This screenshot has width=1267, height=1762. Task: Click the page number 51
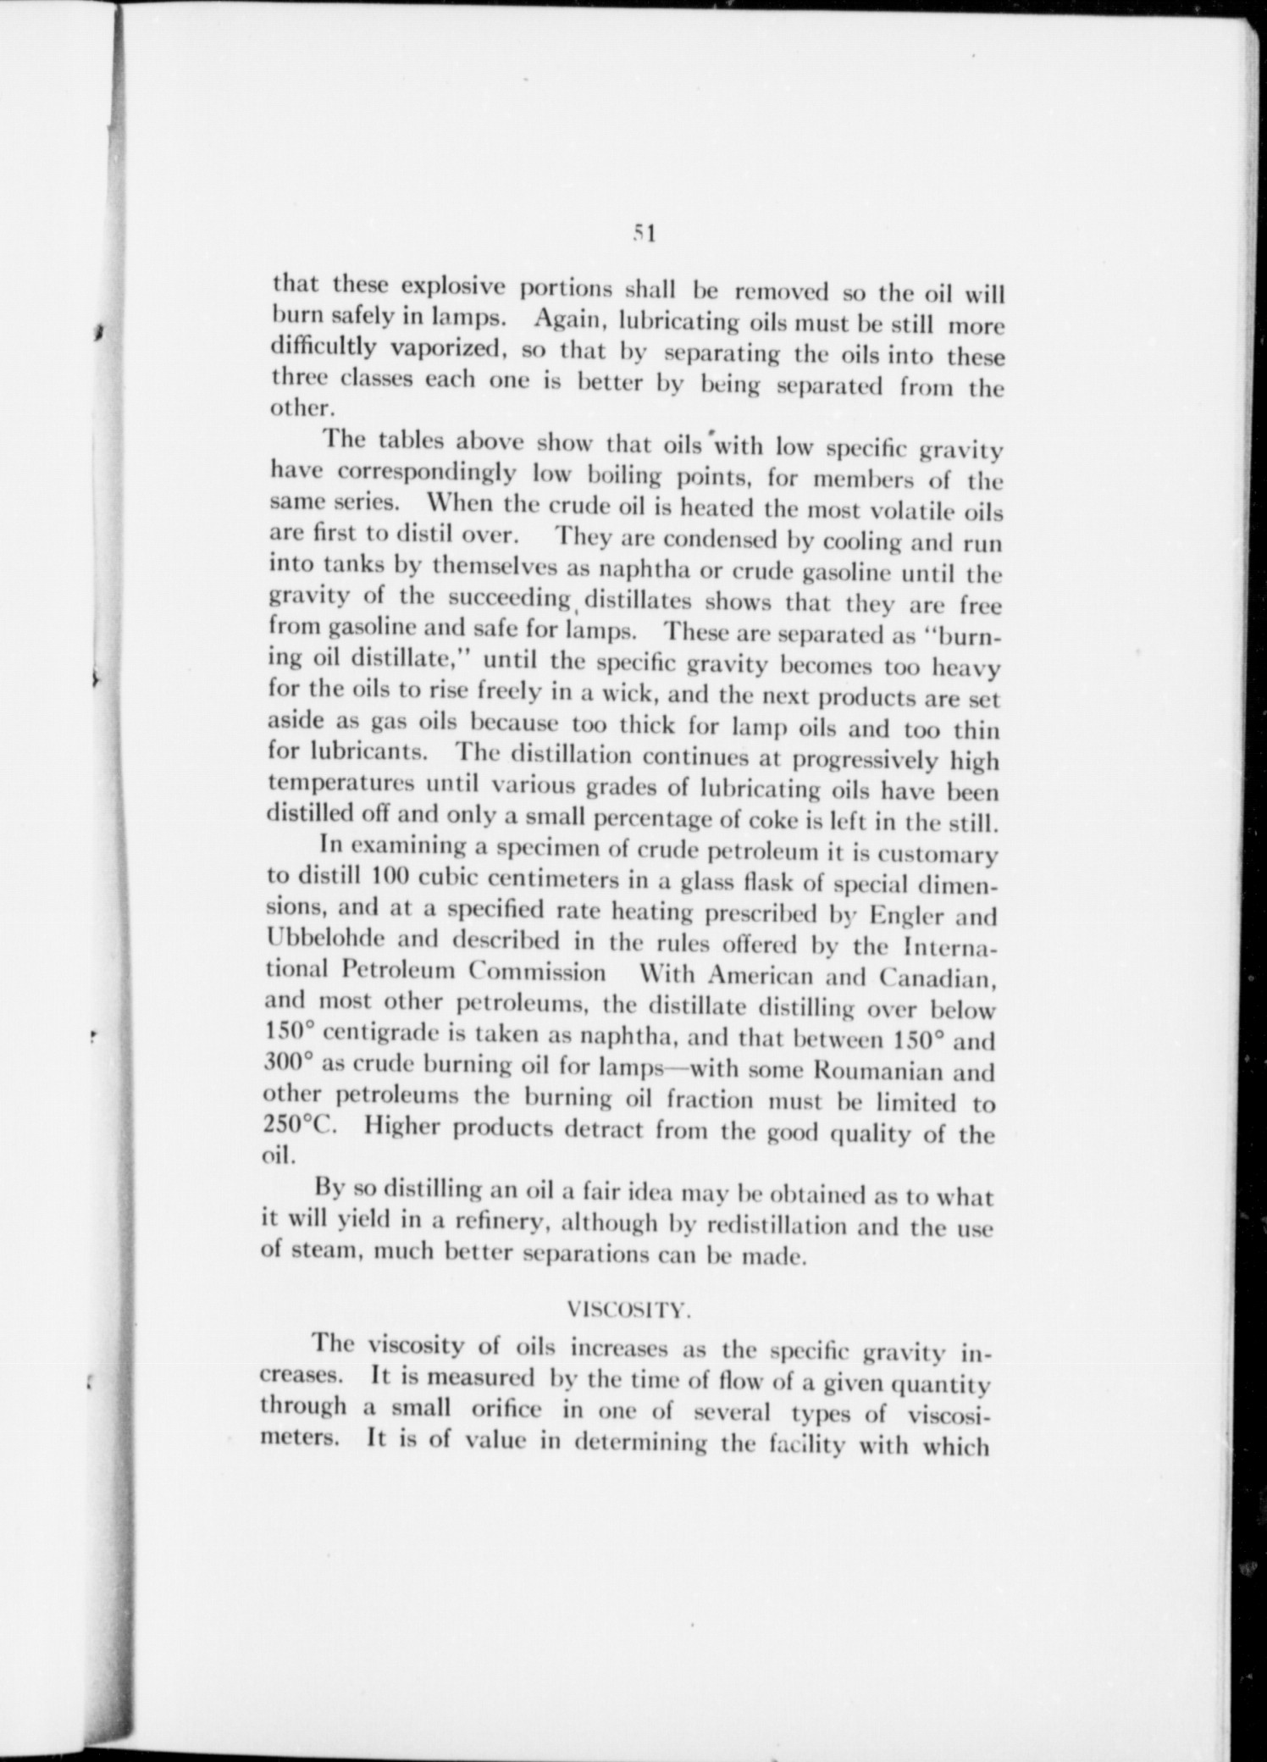coord(645,234)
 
